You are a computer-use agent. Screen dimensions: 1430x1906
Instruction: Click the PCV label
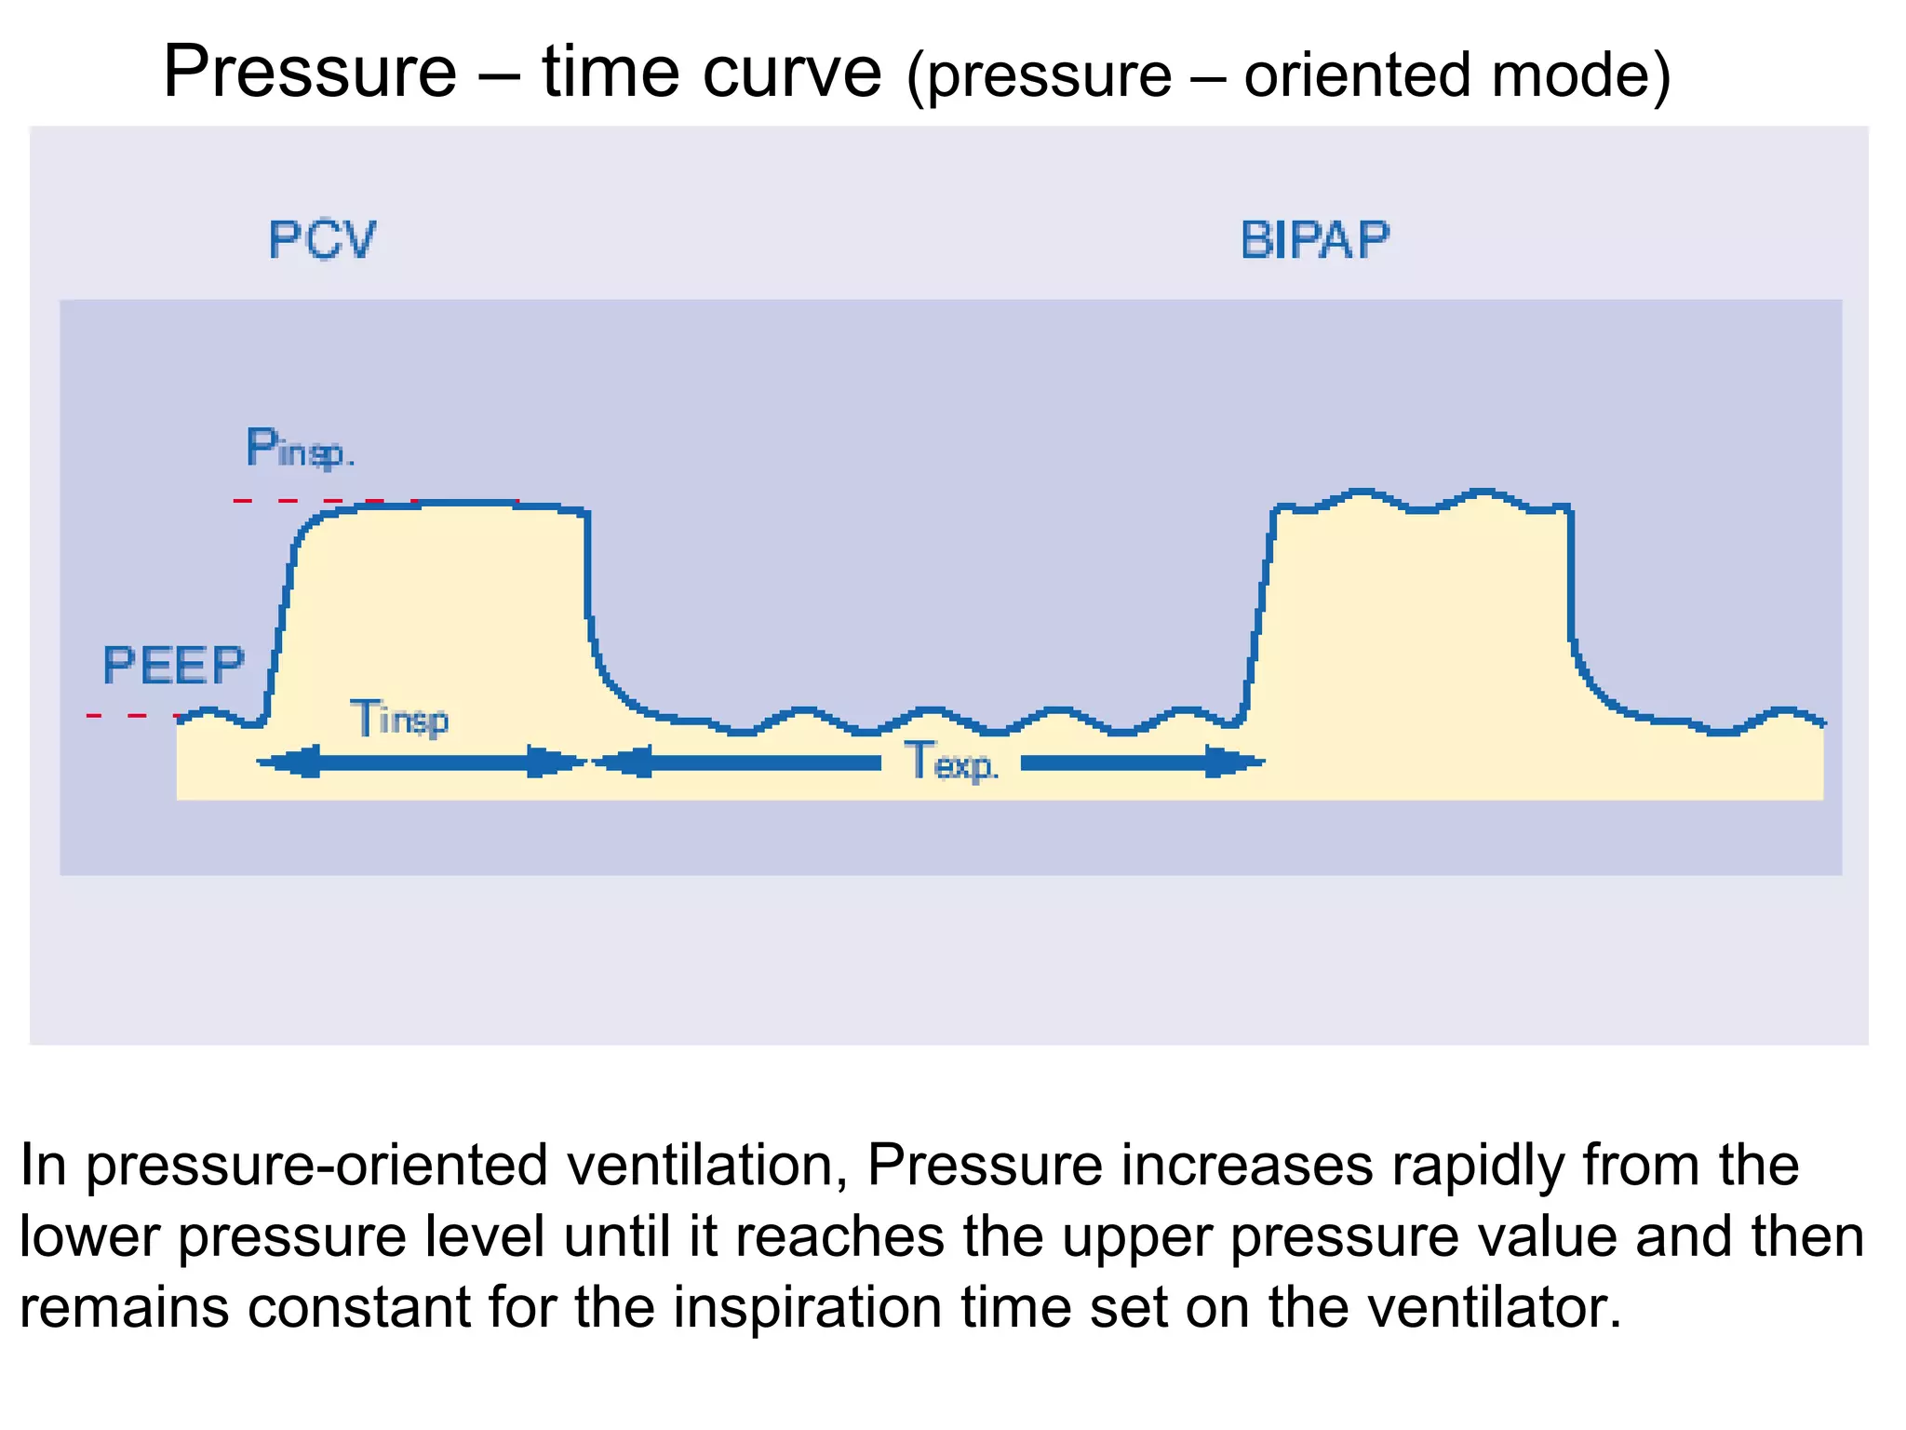[x=322, y=240]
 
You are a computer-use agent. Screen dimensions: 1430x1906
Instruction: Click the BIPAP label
[x=1315, y=240]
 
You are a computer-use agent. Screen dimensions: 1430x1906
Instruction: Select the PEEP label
[x=173, y=666]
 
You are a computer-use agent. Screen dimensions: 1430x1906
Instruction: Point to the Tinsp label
[x=400, y=719]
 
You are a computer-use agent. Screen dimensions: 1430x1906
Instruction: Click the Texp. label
[x=951, y=762]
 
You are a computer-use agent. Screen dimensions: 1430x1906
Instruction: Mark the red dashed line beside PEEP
[x=130, y=715]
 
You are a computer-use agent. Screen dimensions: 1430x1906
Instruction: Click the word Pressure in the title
[x=310, y=72]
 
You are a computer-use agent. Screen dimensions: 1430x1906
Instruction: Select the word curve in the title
[x=792, y=72]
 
